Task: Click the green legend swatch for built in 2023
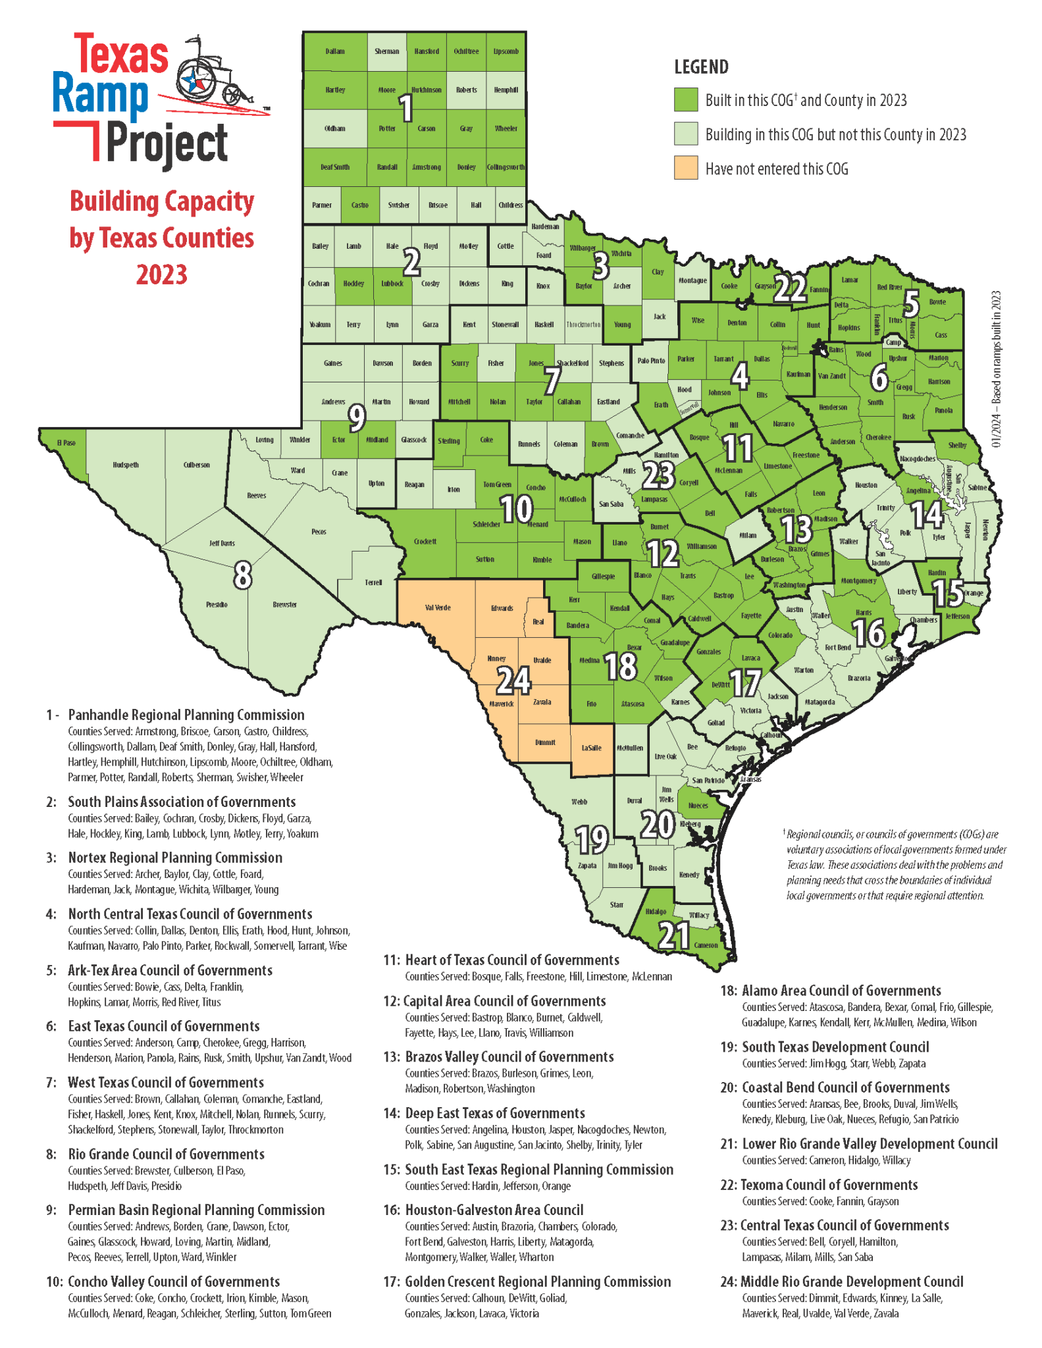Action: pos(685,100)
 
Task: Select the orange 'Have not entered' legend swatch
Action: pos(685,168)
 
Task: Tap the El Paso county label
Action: pos(66,443)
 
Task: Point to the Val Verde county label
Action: pos(438,608)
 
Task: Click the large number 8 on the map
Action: pos(242,575)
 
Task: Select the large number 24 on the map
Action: pos(513,681)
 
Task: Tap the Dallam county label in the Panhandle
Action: pos(335,51)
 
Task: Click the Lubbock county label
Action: pos(392,284)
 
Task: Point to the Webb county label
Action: pos(579,802)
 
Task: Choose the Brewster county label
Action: pos(284,604)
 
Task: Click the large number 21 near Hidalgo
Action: pos(674,935)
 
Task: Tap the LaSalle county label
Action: pos(591,748)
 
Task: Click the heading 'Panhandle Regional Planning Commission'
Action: pos(186,715)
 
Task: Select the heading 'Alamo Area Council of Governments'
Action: pos(841,991)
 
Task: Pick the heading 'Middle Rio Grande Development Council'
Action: pos(852,1282)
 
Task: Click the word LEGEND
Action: pos(701,67)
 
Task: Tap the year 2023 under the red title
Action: pos(161,274)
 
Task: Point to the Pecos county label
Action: pos(319,532)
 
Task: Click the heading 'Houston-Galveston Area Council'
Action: pos(494,1210)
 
